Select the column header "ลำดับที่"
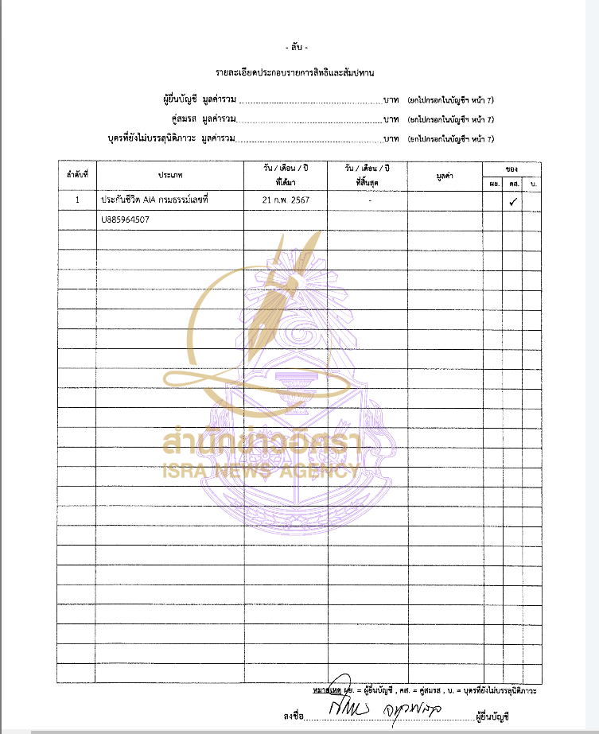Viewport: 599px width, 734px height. pyautogui.click(x=76, y=173)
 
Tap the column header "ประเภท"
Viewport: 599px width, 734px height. pyautogui.click(x=170, y=173)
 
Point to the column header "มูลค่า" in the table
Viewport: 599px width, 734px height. pyautogui.click(x=445, y=173)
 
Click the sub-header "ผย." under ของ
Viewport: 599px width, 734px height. pyautogui.click(x=494, y=184)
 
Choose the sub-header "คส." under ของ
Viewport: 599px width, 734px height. pyautogui.click(x=514, y=184)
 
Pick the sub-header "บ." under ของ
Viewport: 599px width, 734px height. pyautogui.click(x=532, y=184)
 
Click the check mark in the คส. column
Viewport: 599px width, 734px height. pyautogui.click(x=514, y=202)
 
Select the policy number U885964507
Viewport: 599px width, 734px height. pyautogui.click(x=126, y=219)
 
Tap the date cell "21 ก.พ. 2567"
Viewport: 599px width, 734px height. pyautogui.click(x=286, y=200)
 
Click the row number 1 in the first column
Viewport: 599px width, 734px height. pyautogui.click(x=77, y=200)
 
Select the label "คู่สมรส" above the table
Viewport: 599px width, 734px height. pyautogui.click(x=184, y=119)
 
